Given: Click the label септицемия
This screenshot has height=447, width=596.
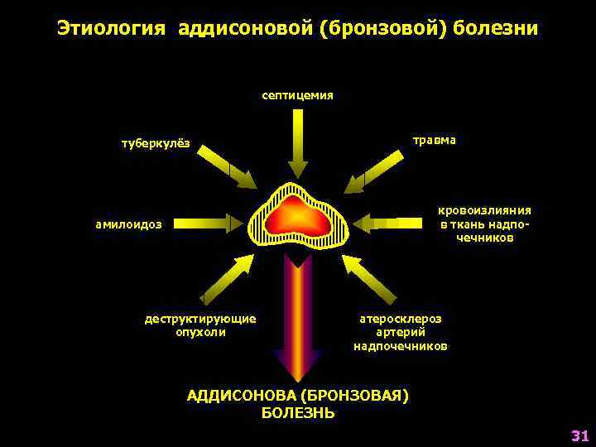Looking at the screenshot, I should click(297, 95).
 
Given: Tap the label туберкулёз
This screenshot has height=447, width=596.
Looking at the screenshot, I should click(156, 143).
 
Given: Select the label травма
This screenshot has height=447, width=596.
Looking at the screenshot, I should click(434, 140).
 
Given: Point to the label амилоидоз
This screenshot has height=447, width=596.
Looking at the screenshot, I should click(129, 223).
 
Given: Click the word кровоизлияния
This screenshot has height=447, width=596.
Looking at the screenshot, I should click(484, 211).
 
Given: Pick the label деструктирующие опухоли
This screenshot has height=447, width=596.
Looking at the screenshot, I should click(200, 325).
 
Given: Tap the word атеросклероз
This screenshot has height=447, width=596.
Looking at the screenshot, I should click(400, 318).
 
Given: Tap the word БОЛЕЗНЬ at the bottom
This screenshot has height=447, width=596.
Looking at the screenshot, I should click(298, 412).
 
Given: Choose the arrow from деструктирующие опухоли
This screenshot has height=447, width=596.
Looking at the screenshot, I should click(228, 277).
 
